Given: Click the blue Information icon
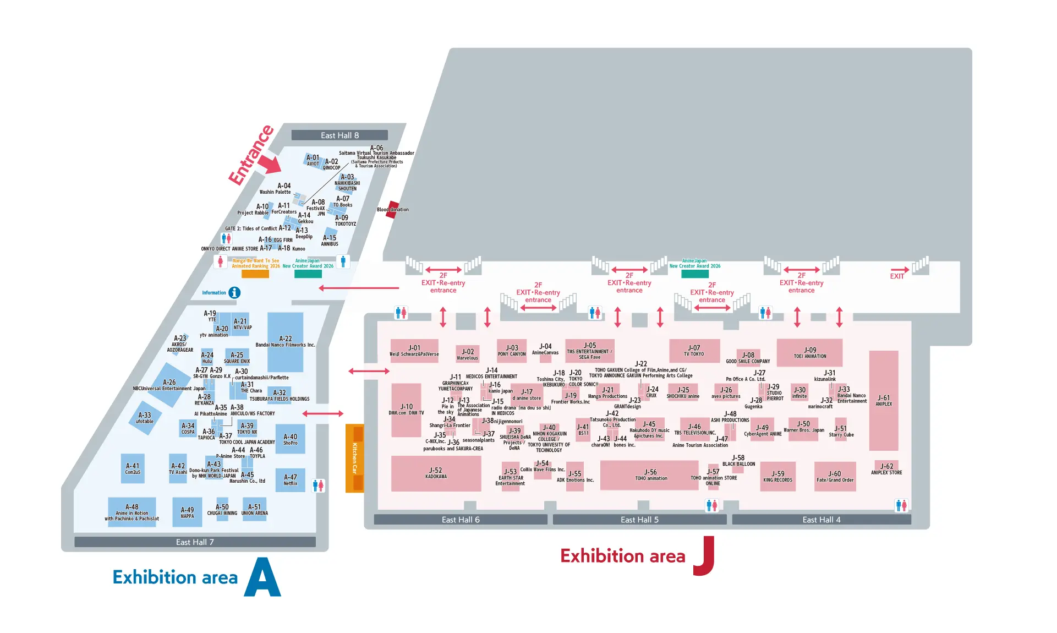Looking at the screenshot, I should (x=234, y=293).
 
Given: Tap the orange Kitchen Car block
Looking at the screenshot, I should (x=354, y=458).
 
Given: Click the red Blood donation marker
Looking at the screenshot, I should (x=392, y=209).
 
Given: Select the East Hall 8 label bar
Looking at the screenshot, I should (x=339, y=135).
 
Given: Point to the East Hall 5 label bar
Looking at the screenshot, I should (x=639, y=520).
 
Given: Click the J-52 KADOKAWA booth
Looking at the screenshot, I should (x=436, y=473).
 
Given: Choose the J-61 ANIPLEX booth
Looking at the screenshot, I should (x=884, y=401).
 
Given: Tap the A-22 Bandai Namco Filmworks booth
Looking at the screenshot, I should (x=285, y=342).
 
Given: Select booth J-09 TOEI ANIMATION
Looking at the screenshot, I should (x=809, y=352).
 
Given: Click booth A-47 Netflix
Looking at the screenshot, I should (x=290, y=480).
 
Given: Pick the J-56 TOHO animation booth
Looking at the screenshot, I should (x=650, y=475).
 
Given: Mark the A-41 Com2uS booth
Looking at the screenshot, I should (x=133, y=468).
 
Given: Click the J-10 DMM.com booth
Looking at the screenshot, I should (x=406, y=410).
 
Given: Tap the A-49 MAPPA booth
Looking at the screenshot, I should (x=187, y=512).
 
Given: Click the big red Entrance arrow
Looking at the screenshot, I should (x=269, y=163).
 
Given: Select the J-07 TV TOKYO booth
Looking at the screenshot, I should (x=694, y=351).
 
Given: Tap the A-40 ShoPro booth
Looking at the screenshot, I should (x=290, y=439).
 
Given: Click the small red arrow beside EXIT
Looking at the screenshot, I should (x=900, y=270).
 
